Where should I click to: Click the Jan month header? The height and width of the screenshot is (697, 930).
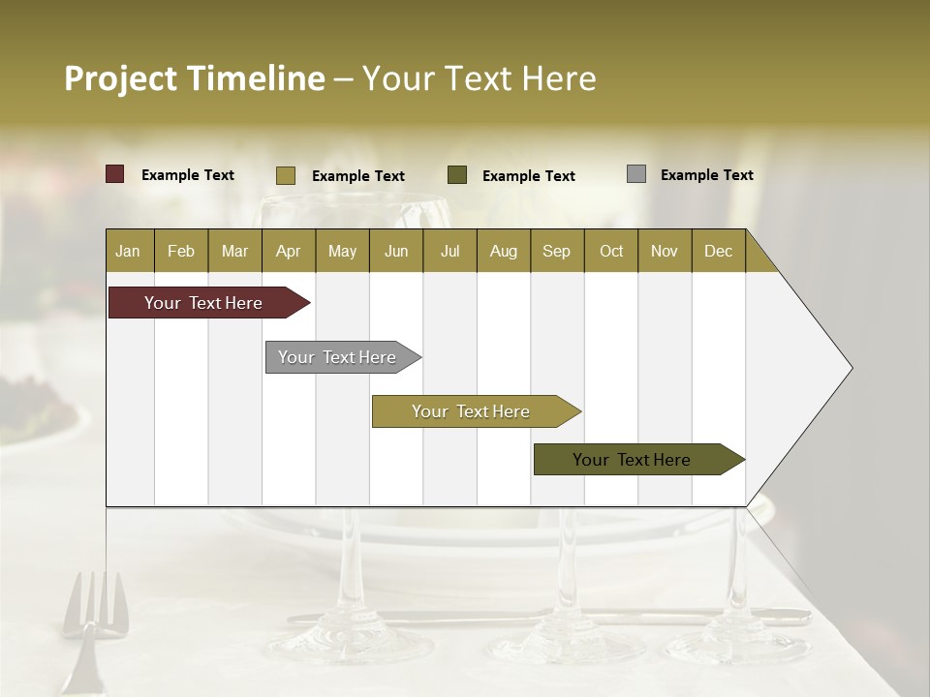pyautogui.click(x=128, y=251)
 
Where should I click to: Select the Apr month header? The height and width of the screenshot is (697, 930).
pyautogui.click(x=288, y=251)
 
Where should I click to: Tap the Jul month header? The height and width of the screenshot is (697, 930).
pyautogui.click(x=449, y=251)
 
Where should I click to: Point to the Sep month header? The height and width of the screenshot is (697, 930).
pyautogui.click(x=556, y=251)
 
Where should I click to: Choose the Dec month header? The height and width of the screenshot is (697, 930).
pyautogui.click(x=718, y=251)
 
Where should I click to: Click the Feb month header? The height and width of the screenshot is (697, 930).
pyautogui.click(x=181, y=251)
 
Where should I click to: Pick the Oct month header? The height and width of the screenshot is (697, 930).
pyautogui.click(x=611, y=251)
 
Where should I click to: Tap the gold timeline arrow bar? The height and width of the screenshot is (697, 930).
pyautogui.click(x=472, y=411)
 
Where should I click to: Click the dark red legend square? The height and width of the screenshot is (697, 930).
pyautogui.click(x=115, y=174)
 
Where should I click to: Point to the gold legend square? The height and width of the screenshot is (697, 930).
pyautogui.click(x=286, y=175)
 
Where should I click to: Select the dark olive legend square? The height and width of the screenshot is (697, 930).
pyautogui.click(x=457, y=175)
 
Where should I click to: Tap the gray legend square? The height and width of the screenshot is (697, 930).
pyautogui.click(x=636, y=174)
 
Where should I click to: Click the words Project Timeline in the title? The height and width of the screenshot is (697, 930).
pyautogui.click(x=195, y=78)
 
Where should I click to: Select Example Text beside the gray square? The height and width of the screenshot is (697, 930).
pyautogui.click(x=706, y=175)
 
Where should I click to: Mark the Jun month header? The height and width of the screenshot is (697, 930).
pyautogui.click(x=396, y=251)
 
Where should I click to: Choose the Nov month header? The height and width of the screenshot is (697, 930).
pyautogui.click(x=665, y=251)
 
